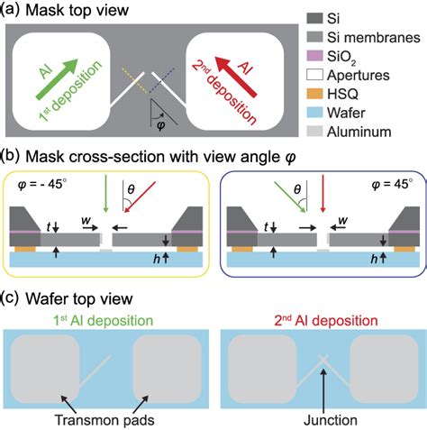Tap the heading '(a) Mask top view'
point(64,12)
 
